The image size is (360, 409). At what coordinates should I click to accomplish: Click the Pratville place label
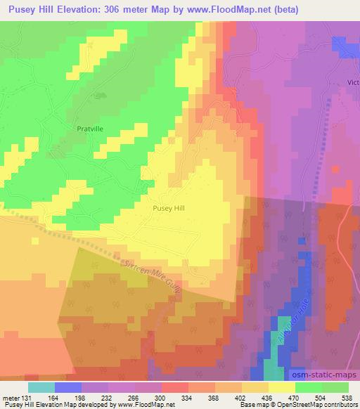pyautogui.click(x=90, y=129)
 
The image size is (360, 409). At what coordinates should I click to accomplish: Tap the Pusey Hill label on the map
pyautogui.click(x=169, y=208)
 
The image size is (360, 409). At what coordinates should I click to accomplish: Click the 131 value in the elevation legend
pyautogui.click(x=27, y=397)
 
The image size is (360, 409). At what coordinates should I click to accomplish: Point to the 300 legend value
pyautogui.click(x=161, y=397)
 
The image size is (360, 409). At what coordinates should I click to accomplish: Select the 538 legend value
pyautogui.click(x=347, y=397)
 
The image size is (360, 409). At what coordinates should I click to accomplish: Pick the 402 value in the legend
pyautogui.click(x=241, y=397)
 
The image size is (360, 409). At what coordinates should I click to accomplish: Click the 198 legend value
pyautogui.click(x=81, y=397)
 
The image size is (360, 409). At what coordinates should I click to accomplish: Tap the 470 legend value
pyautogui.click(x=295, y=397)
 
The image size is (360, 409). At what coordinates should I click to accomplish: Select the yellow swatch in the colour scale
pyautogui.click(x=281, y=387)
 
